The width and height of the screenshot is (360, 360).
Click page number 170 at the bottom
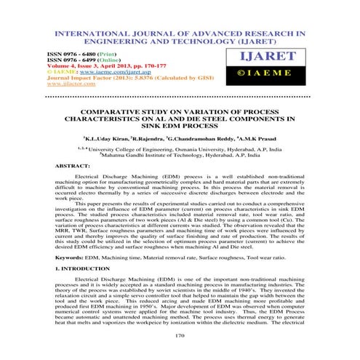(x=180, y=335)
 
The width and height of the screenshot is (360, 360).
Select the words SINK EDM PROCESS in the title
(x=180, y=123)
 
